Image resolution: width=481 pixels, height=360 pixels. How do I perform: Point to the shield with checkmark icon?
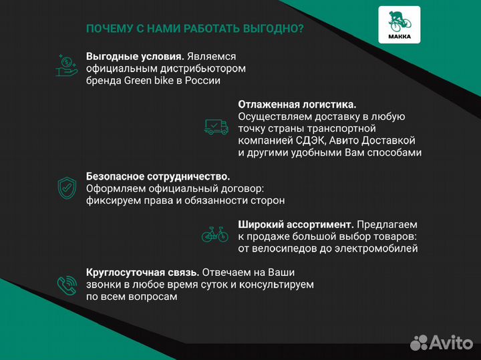[x=67, y=188]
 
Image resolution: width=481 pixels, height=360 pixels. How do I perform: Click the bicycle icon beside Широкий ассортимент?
[x=215, y=234]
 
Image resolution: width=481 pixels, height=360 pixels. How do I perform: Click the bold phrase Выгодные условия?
[x=136, y=56]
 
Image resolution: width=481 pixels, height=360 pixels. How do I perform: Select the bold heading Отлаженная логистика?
[x=297, y=104]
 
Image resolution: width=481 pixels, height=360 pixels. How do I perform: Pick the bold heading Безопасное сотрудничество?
[x=158, y=176]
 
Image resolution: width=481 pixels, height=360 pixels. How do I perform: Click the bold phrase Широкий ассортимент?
[x=296, y=224]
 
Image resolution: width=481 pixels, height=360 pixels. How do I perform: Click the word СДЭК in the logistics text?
[x=312, y=140]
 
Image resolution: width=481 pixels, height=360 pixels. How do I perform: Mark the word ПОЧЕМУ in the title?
[x=107, y=29]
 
